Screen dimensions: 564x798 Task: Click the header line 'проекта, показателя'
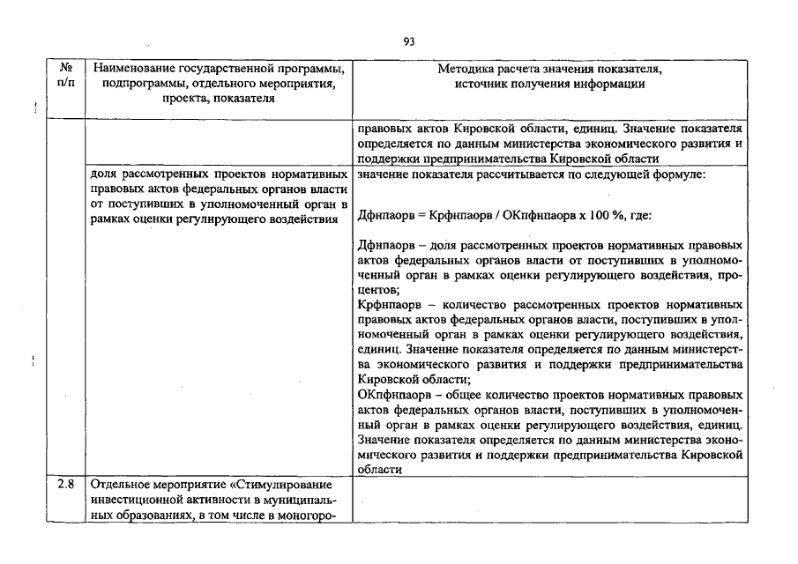click(x=217, y=99)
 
